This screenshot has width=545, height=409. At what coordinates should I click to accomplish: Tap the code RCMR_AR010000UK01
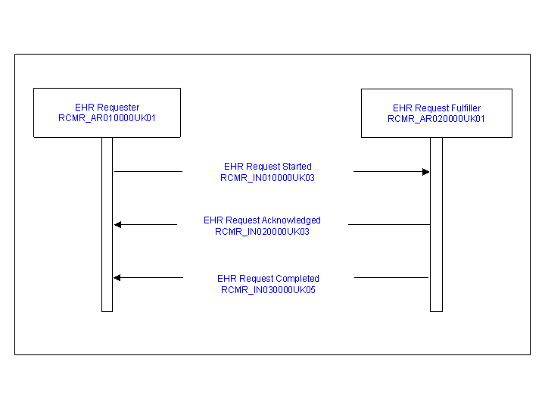(107, 118)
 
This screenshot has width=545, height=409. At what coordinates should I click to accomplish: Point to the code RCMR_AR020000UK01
(436, 119)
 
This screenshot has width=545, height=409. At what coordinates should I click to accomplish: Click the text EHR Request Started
(268, 166)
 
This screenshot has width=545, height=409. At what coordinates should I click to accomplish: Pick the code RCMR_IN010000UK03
(268, 178)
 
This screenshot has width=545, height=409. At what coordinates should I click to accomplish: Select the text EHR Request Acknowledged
(262, 220)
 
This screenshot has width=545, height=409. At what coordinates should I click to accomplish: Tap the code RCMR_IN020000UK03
(262, 232)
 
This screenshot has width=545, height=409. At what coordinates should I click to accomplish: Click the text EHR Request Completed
(268, 278)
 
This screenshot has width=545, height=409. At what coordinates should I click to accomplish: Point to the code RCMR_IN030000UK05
(268, 289)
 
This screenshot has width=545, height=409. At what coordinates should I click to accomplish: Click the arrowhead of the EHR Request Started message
(426, 172)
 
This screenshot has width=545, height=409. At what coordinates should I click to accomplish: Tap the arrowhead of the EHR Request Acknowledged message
(118, 225)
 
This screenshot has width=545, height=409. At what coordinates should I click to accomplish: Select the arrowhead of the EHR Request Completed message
(117, 277)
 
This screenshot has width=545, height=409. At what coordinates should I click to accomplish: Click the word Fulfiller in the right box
(466, 108)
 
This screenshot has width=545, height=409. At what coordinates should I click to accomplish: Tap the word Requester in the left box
(118, 108)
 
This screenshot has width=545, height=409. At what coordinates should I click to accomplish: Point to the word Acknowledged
(291, 220)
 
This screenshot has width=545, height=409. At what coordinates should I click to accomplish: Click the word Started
(297, 166)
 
